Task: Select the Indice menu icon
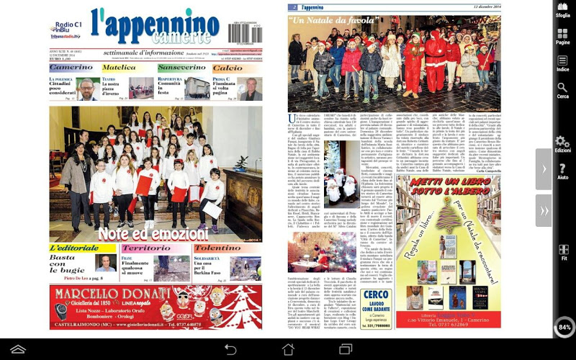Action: pos(562,63)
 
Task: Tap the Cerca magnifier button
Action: pos(562,91)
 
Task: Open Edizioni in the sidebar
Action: pos(562,145)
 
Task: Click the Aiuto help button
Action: pos(562,171)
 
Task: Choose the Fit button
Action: pos(562,252)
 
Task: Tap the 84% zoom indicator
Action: pos(564,327)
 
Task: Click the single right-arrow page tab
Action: pos(544,169)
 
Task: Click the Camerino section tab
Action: pos(71,68)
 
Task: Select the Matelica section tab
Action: pos(120,68)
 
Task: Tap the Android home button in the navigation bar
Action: pos(287,349)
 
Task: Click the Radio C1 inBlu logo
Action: pos(66,27)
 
